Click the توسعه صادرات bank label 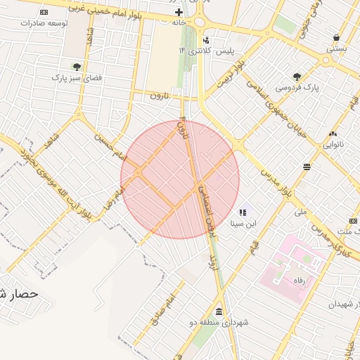coord(44,23)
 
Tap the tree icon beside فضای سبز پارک coord(75,67)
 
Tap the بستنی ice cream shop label coord(336,49)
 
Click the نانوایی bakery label coord(333,144)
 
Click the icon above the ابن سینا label coord(243,212)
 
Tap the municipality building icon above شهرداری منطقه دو coord(219,311)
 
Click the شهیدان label coord(342,304)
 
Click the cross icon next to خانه coord(179,13)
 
